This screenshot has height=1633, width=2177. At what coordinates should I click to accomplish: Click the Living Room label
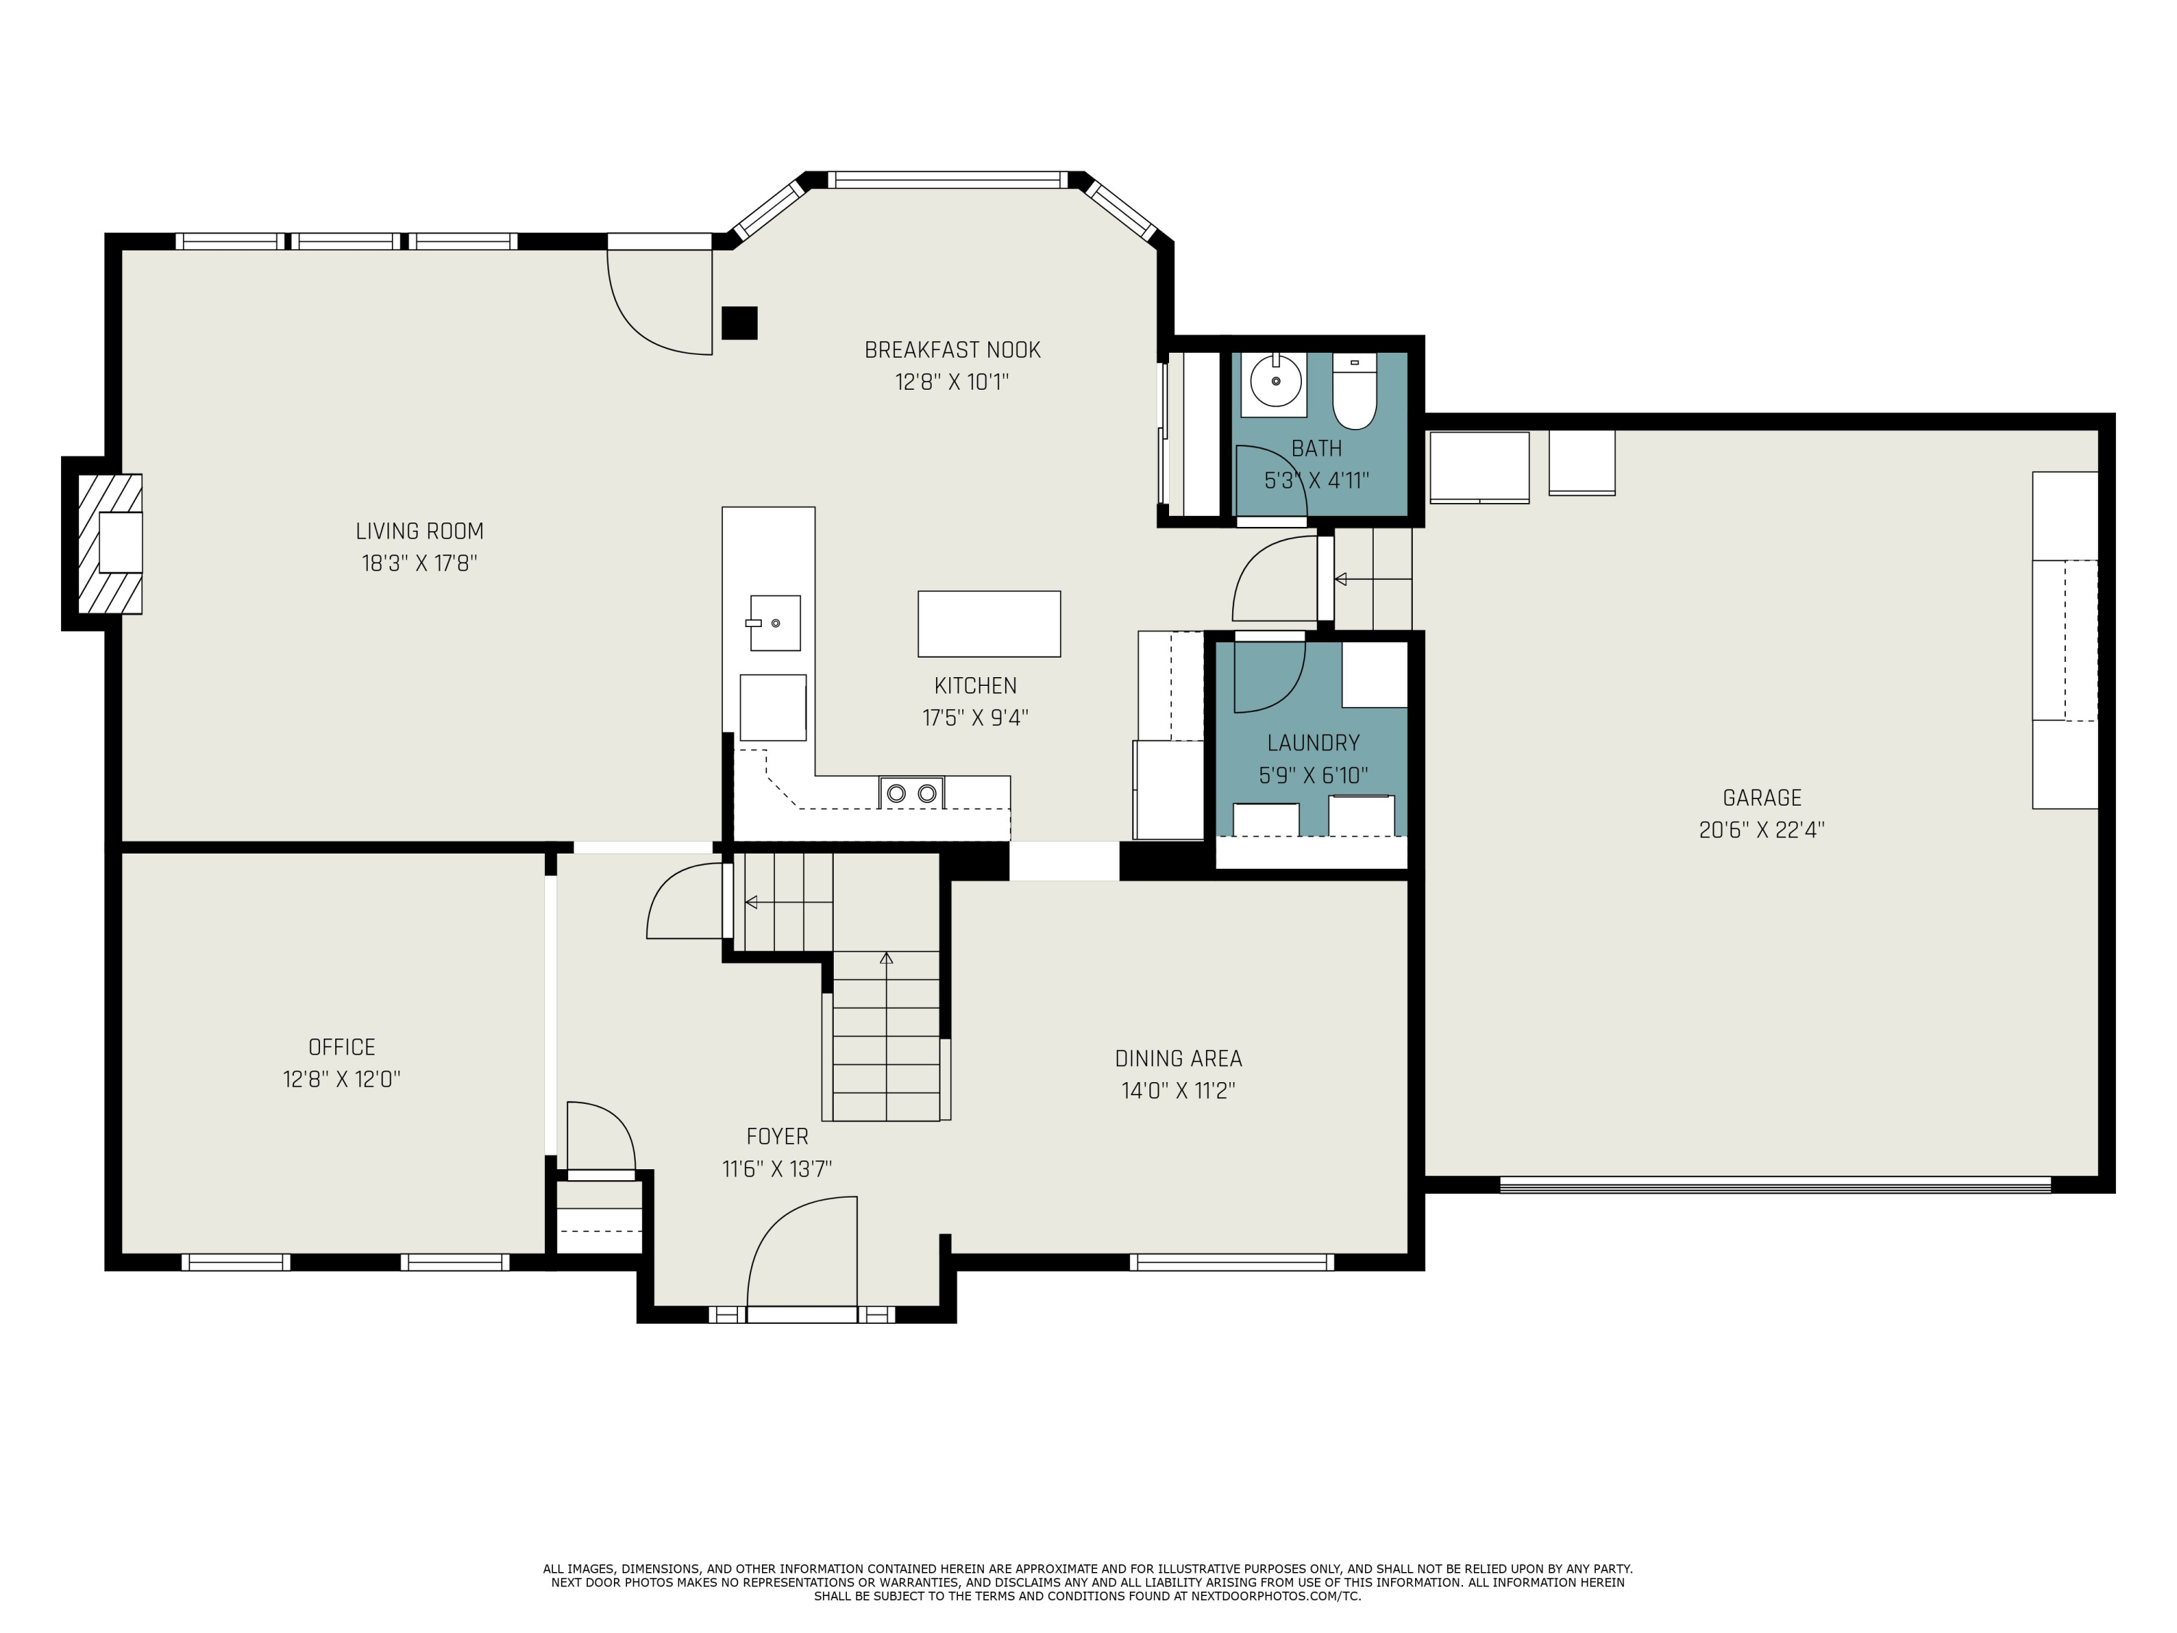(x=419, y=531)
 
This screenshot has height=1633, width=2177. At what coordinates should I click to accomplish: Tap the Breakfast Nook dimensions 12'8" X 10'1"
(x=951, y=382)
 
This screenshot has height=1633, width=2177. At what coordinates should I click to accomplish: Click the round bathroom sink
(x=1276, y=380)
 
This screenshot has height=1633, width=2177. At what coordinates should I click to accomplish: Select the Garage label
(x=1762, y=798)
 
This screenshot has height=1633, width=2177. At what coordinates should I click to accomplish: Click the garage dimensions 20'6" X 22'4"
(x=1762, y=830)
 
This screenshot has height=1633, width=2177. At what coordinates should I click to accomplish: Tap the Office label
(x=342, y=1047)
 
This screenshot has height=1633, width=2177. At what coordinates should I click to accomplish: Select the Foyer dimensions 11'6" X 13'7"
(x=776, y=1169)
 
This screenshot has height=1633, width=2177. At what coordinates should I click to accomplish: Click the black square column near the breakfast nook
(x=739, y=323)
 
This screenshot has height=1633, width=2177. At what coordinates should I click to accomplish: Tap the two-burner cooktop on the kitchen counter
(x=911, y=793)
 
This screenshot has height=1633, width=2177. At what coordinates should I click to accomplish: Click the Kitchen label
(x=975, y=686)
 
